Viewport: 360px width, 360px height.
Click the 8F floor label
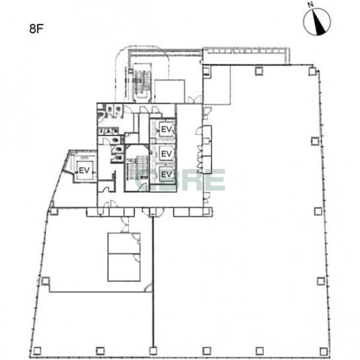(x=36, y=29)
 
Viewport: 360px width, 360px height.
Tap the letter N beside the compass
(x=311, y=5)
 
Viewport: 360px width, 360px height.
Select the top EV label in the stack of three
(x=166, y=130)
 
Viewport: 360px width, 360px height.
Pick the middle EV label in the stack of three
(x=166, y=154)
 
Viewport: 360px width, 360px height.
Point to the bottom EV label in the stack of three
(x=166, y=174)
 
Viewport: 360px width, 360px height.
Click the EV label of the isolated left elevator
(x=84, y=170)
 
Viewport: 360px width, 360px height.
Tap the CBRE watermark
(x=181, y=180)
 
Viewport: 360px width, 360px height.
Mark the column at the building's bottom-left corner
(x=37, y=351)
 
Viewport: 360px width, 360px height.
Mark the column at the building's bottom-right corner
(x=324, y=351)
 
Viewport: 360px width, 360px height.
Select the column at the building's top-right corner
(x=312, y=71)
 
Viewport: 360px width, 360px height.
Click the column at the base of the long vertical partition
(x=153, y=351)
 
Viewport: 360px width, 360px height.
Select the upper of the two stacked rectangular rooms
(x=124, y=244)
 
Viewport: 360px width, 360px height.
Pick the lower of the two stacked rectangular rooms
(x=124, y=267)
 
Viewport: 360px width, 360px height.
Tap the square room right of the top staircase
(x=169, y=91)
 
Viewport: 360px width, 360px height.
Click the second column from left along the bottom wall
(x=100, y=351)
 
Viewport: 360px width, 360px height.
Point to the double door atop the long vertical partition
(x=153, y=212)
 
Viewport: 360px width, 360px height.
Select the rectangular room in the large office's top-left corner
(x=217, y=85)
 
